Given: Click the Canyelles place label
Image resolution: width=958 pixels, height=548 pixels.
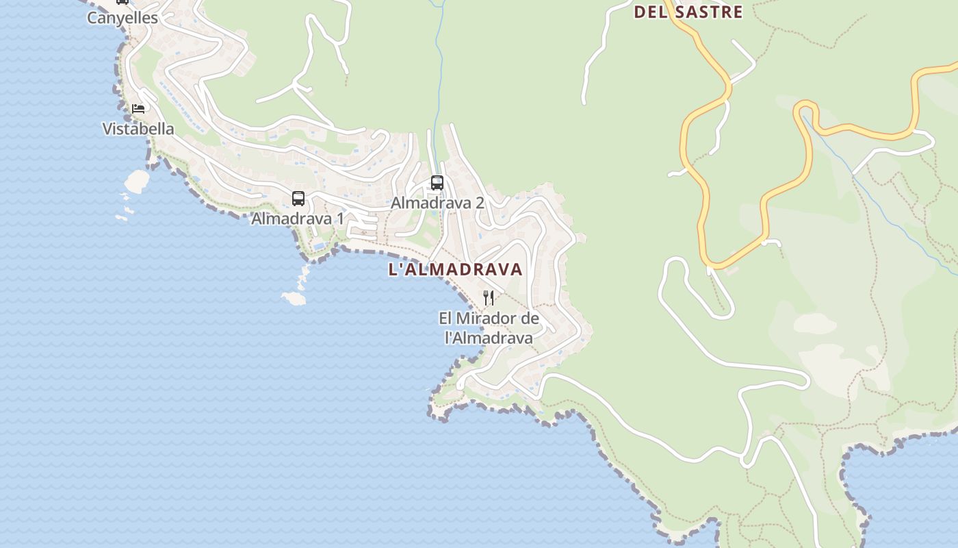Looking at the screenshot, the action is pyautogui.click(x=122, y=18).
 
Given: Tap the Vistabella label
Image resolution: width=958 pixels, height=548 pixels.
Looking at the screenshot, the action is pyautogui.click(x=138, y=129).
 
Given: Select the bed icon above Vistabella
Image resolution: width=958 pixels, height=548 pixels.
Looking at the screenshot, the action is pyautogui.click(x=138, y=108).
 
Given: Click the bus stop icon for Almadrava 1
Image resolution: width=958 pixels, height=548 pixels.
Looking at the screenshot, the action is pyautogui.click(x=298, y=199).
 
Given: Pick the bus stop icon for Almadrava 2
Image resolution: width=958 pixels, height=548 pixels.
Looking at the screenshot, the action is pyautogui.click(x=437, y=183).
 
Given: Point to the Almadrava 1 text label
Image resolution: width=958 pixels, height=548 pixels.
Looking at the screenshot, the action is pyautogui.click(x=298, y=219).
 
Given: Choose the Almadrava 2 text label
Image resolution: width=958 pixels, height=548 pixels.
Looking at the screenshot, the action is pyautogui.click(x=437, y=203).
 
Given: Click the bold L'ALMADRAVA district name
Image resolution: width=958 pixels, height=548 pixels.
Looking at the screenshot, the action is pyautogui.click(x=455, y=269).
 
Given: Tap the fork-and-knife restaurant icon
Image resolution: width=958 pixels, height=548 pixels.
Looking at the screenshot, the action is pyautogui.click(x=489, y=297).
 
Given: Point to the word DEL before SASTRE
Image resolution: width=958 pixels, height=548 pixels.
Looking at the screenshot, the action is pyautogui.click(x=651, y=12).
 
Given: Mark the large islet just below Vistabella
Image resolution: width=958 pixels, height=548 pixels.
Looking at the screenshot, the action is pyautogui.click(x=137, y=181).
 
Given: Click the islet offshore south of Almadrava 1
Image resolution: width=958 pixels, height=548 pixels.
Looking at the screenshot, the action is pyautogui.click(x=294, y=298).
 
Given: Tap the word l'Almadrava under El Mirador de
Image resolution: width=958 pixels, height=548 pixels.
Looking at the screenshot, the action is pyautogui.click(x=489, y=338).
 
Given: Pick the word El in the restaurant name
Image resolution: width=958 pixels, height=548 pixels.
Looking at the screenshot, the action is pyautogui.click(x=445, y=319).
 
